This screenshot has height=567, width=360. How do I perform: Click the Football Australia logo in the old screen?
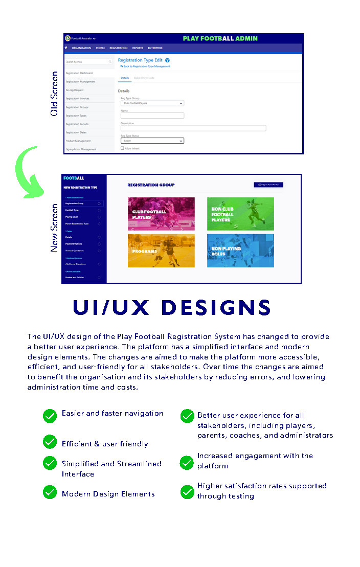[x=67, y=38]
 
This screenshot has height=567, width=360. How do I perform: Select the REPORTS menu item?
[x=138, y=48]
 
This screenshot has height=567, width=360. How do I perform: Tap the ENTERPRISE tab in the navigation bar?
[x=155, y=48]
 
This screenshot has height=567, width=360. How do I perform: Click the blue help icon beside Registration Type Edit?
[x=167, y=60]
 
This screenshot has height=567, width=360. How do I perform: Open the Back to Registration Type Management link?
[x=146, y=66]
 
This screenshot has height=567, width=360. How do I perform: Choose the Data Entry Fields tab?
[x=144, y=78]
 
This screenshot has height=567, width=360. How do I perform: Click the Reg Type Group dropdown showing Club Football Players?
[x=152, y=103]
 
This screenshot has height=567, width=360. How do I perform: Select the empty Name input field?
[x=152, y=116]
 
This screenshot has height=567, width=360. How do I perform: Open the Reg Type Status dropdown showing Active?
[x=152, y=141]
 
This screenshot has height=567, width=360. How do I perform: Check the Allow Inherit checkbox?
[x=122, y=148]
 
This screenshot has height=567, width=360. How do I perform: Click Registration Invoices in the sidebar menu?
[x=78, y=99]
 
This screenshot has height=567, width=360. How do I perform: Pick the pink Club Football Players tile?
[x=161, y=214]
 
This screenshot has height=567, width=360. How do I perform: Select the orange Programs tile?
[x=161, y=251]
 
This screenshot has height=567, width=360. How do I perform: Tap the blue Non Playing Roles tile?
[x=240, y=251]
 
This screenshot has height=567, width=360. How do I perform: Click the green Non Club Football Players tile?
[x=240, y=214]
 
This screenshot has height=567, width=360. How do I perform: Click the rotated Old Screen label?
[x=54, y=94]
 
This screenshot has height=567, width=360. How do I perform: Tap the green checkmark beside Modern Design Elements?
[x=50, y=492]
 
